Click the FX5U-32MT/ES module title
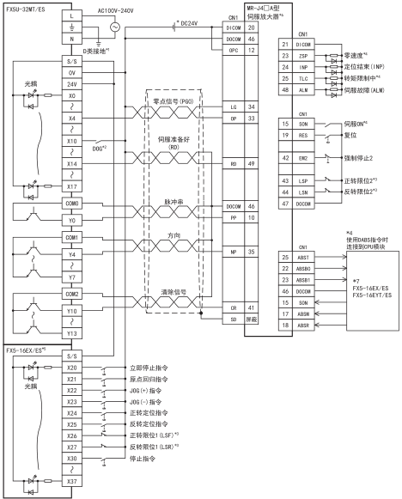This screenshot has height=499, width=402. point(26,9)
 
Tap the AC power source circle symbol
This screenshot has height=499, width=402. point(115,27)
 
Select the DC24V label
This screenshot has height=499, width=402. point(189,23)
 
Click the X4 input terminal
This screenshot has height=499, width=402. point(72,119)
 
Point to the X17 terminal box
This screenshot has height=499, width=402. point(72,186)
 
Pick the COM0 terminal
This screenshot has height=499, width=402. point(72,204)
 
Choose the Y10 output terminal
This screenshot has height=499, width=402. point(72,311)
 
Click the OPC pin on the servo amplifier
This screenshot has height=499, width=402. point(234,51)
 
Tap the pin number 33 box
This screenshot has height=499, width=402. point(252,119)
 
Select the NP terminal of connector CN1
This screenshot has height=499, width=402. point(234,252)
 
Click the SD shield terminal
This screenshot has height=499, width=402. point(234,319)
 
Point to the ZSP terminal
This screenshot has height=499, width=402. point(303,56)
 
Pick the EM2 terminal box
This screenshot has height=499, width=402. point(303,158)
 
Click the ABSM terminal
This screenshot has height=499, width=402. point(303,314)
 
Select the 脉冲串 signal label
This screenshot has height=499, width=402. point(174,202)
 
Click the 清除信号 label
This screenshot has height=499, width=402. point(174,292)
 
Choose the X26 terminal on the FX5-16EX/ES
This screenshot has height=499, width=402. point(72,435)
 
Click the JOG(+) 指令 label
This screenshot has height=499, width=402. point(145,391)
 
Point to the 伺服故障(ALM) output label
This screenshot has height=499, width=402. point(364,90)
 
